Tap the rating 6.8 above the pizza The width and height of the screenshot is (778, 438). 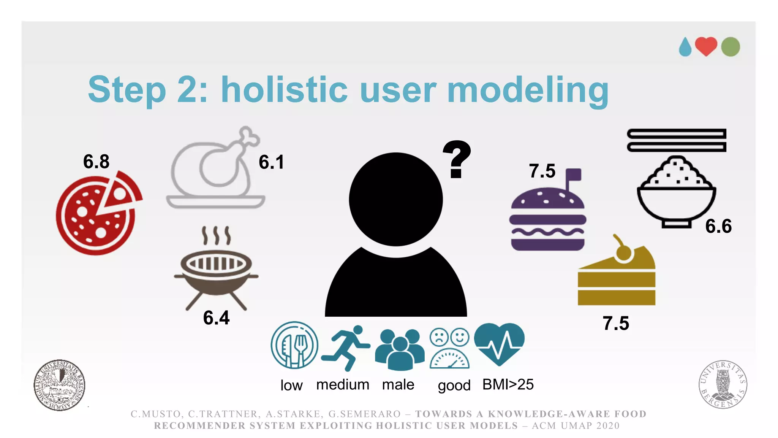(x=96, y=162)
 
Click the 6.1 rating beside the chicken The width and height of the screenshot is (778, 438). (x=271, y=162)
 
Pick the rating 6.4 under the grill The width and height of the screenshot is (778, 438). (x=216, y=318)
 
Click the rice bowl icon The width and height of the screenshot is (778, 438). (x=677, y=192)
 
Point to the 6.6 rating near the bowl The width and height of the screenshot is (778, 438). (x=718, y=226)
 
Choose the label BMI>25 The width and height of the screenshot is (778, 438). (x=508, y=385)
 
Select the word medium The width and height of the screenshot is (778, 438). (x=343, y=385)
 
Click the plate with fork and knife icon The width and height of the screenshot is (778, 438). (x=294, y=345)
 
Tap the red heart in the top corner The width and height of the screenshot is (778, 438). (x=706, y=46)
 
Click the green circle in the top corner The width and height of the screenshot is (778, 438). (x=730, y=47)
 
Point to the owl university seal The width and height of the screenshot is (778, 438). (x=723, y=384)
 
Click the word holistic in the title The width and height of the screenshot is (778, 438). (x=284, y=90)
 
